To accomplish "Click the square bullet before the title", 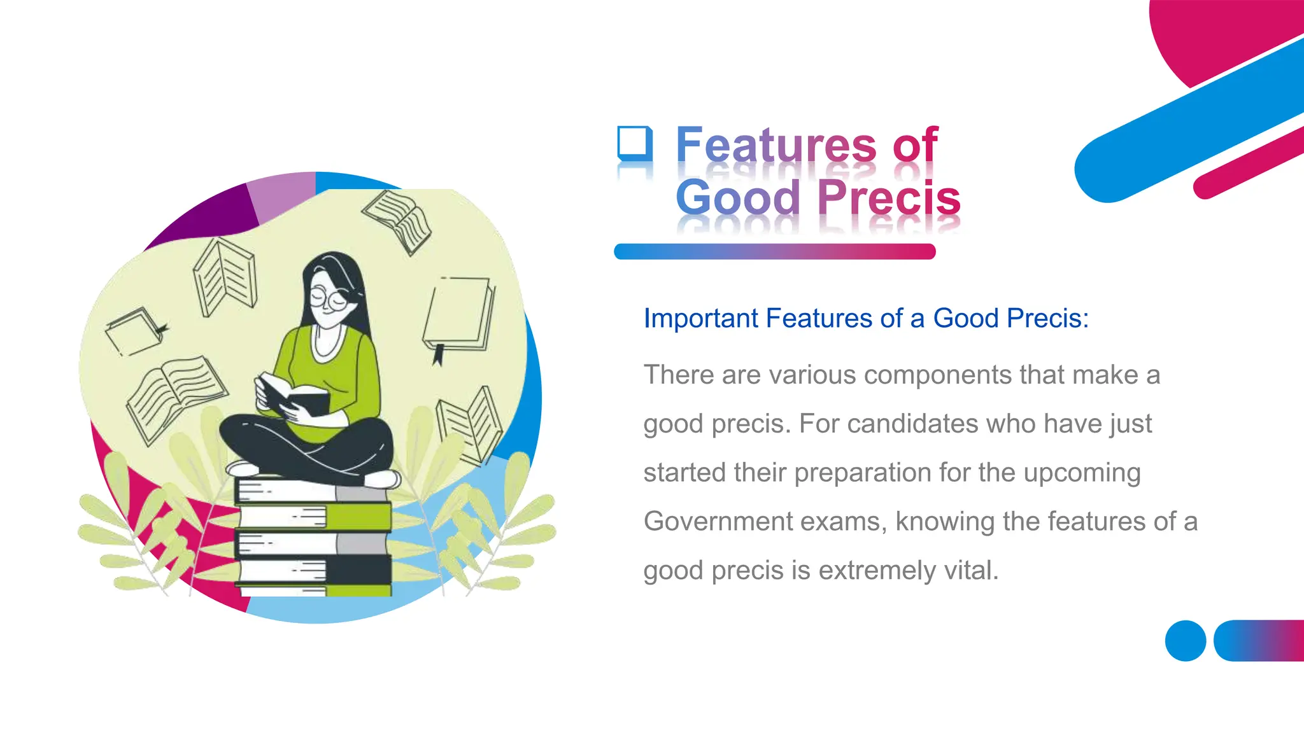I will (635, 143).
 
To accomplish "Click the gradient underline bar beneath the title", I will (774, 251).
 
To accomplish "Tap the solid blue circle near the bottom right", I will (1185, 641).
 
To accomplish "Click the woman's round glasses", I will (329, 298).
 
